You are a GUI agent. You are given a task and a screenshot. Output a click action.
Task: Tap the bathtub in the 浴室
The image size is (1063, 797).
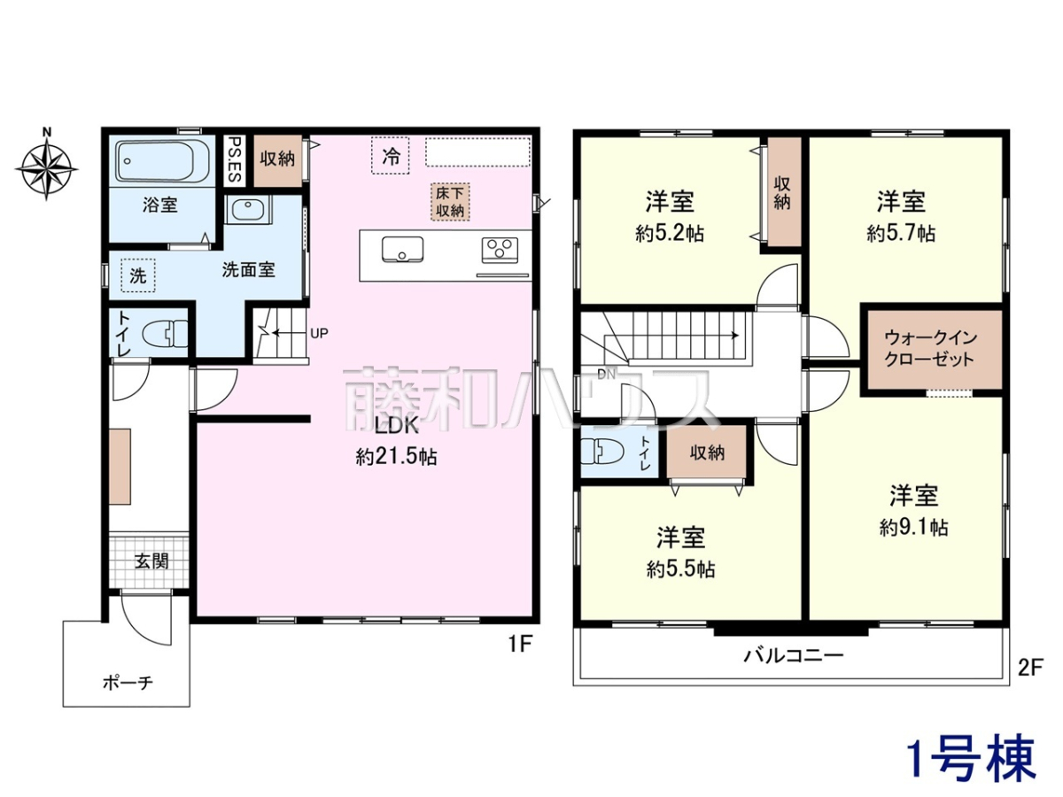pos(163,161)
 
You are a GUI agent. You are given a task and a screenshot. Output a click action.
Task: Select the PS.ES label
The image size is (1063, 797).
pos(235,159)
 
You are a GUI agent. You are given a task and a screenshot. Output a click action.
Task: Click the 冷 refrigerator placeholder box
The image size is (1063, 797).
pos(391,155)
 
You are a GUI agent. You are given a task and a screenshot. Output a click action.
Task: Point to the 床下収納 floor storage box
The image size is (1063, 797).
pos(450,202)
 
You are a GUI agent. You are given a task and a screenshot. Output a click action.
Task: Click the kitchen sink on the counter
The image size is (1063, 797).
pos(402,249)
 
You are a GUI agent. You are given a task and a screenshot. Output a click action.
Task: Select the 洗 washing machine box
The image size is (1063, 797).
pos(138,275)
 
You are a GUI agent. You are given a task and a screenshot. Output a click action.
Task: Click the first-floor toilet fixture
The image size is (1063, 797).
pos(165,334)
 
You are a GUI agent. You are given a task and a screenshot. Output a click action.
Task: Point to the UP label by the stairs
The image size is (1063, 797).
pos(319,333)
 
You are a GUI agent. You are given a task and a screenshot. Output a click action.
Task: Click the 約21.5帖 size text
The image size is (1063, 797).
pos(396,456)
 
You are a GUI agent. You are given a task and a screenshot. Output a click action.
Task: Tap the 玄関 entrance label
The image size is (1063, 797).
pos(151,561)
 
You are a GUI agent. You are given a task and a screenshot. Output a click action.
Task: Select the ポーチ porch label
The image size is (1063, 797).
pos(128,682)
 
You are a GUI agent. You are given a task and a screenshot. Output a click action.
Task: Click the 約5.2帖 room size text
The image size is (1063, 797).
pos(670,234)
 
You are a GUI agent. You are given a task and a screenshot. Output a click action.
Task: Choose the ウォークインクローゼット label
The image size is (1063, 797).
pos(930,348)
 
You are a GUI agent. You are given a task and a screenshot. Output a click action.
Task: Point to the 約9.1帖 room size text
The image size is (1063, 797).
pos(914,527)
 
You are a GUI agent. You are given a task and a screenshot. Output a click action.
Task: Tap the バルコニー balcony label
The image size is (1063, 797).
pos(793,655)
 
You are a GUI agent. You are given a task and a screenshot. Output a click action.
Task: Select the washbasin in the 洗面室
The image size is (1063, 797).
pos(247,210)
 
